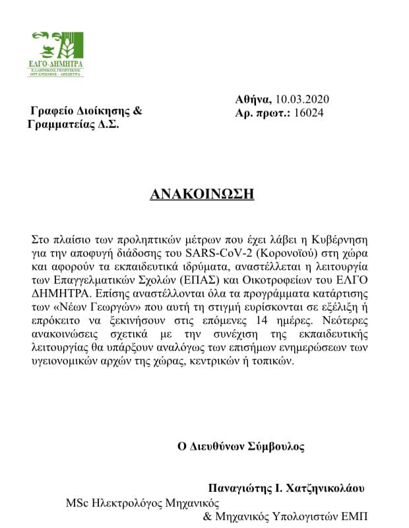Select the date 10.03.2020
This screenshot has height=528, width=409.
(x=301, y=99)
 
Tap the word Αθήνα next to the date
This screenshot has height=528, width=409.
(x=253, y=99)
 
